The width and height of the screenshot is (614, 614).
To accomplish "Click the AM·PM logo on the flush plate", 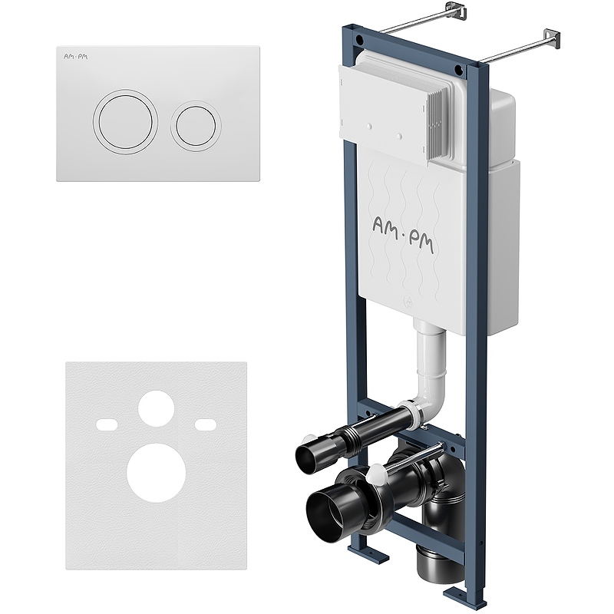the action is click(x=76, y=57).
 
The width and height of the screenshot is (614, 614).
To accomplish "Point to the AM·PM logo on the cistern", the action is click(x=403, y=235).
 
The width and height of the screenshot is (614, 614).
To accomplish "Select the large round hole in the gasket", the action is click(x=156, y=473).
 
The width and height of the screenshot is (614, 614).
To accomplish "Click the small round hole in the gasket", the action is click(x=156, y=408).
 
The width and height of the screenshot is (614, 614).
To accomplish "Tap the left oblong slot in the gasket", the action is click(x=107, y=424).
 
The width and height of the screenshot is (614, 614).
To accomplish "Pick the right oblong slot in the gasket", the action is click(x=206, y=424).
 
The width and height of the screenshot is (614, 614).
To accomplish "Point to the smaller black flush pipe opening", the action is click(x=309, y=454).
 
